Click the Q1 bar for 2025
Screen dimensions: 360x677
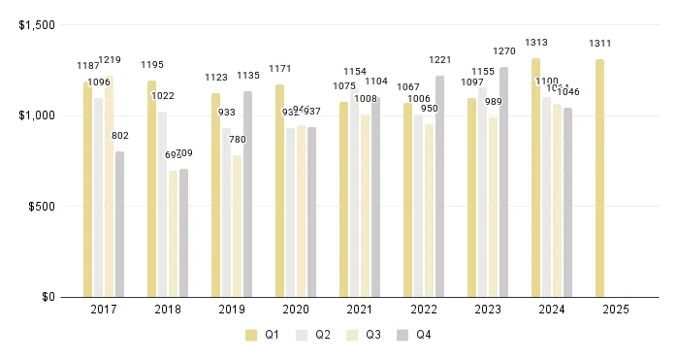pyautogui.click(x=599, y=179)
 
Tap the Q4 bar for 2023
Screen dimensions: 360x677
pyautogui.click(x=503, y=181)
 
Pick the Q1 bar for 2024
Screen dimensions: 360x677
pyautogui.click(x=535, y=178)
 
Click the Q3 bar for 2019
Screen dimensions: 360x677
pyautogui.click(x=237, y=226)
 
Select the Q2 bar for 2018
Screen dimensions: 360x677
pyautogui.click(x=162, y=204)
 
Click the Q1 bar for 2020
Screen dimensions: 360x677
pyautogui.click(x=279, y=190)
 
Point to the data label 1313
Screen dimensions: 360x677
pyautogui.click(x=536, y=43)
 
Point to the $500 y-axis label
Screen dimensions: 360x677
pyautogui.click(x=42, y=206)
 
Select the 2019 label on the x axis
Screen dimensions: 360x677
pyautogui.click(x=231, y=310)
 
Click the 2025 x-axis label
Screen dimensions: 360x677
pyautogui.click(x=615, y=310)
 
